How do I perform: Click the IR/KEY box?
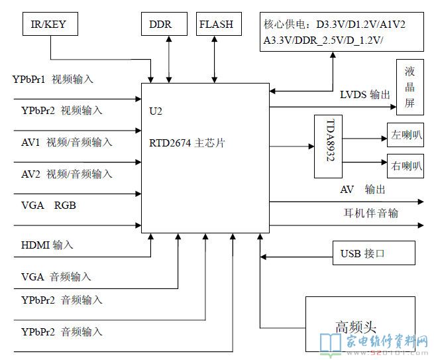(49, 25)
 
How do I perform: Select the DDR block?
(160, 25)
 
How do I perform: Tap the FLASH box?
(216, 25)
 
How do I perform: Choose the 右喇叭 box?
(406, 164)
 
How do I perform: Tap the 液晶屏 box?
(410, 87)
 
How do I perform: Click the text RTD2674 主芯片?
(188, 142)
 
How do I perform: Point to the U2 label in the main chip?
(156, 111)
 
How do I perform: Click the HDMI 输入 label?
(47, 245)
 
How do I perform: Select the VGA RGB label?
(48, 206)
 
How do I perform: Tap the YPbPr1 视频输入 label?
(52, 80)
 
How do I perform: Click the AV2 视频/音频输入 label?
(66, 174)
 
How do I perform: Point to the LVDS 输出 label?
(365, 95)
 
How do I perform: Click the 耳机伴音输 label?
(370, 213)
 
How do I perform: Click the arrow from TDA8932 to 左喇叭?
(360, 139)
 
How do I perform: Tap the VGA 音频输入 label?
(56, 276)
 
